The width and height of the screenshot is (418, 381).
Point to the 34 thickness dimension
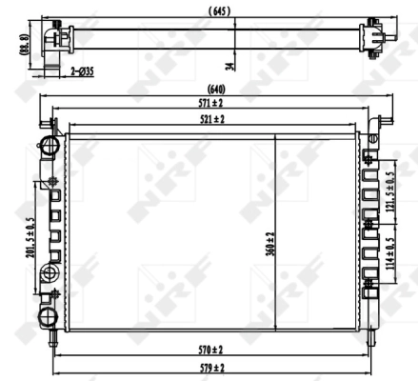(229, 64)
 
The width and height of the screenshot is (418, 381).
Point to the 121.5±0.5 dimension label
(389, 195)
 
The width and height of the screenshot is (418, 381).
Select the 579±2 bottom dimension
(211, 366)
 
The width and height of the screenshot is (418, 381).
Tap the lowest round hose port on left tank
(46, 316)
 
